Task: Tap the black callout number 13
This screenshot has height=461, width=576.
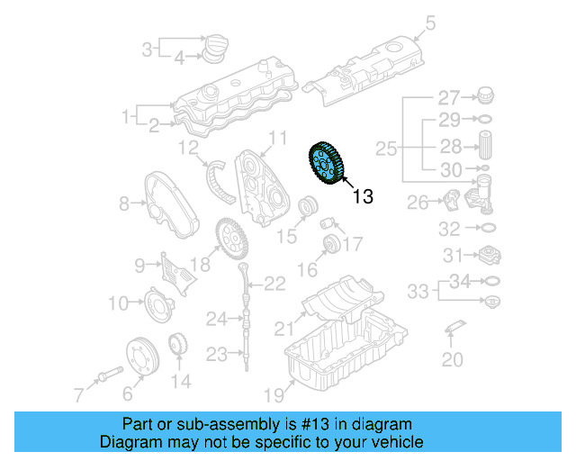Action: [x=362, y=195]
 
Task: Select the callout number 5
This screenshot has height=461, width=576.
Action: [x=430, y=24]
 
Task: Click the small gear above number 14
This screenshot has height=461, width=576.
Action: [x=178, y=346]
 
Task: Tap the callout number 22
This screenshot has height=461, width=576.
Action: [x=274, y=285]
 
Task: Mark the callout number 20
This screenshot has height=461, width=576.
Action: [x=453, y=360]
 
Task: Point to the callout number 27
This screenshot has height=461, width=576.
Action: [x=448, y=97]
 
